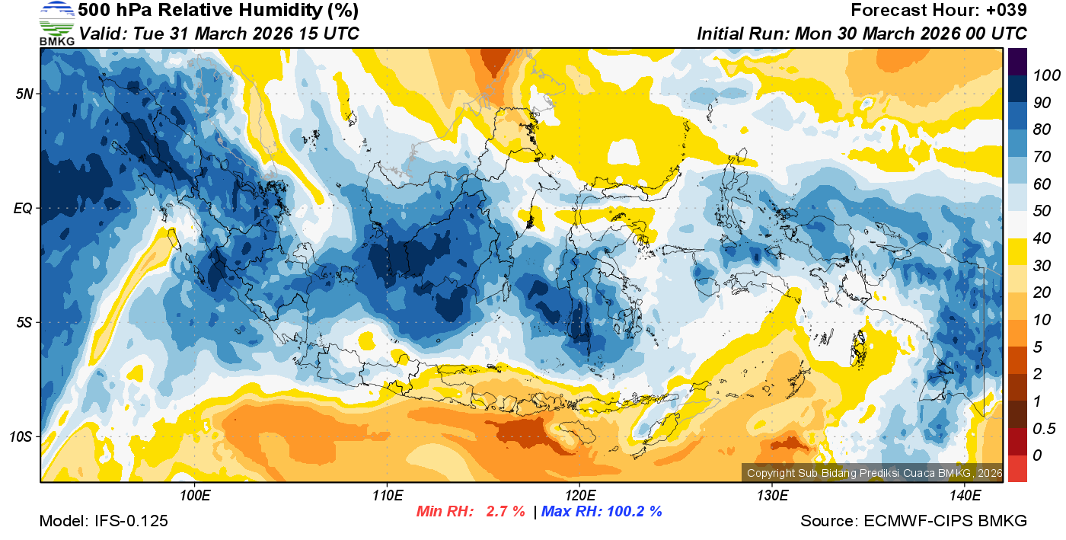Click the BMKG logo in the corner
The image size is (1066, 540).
point(56,23)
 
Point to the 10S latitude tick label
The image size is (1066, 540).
point(21,437)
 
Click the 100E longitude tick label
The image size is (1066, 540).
point(195,496)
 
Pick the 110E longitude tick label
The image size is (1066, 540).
point(387,496)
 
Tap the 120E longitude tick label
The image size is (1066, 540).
point(579,496)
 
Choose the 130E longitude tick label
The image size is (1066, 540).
point(772,496)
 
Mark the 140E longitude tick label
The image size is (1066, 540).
point(965,496)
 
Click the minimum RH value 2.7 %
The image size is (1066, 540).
point(506,512)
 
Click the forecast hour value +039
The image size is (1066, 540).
point(1004,11)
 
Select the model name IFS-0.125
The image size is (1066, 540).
point(130,522)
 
